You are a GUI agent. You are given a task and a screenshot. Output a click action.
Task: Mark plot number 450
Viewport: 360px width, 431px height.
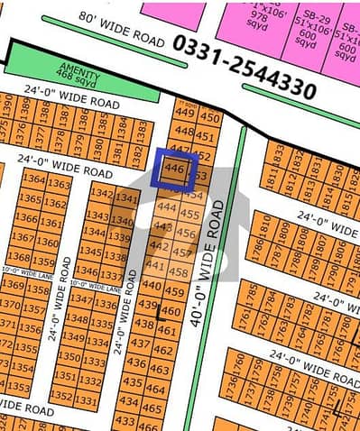pyautogui.click(x=208, y=117)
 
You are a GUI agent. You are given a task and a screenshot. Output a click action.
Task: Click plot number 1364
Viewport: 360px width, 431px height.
pyautogui.click(x=31, y=183)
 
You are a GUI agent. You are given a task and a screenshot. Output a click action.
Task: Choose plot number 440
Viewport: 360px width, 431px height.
pyautogui.click(x=152, y=287)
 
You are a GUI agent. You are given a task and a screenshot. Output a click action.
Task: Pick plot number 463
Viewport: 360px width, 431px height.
pyautogui.click(x=158, y=370)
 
